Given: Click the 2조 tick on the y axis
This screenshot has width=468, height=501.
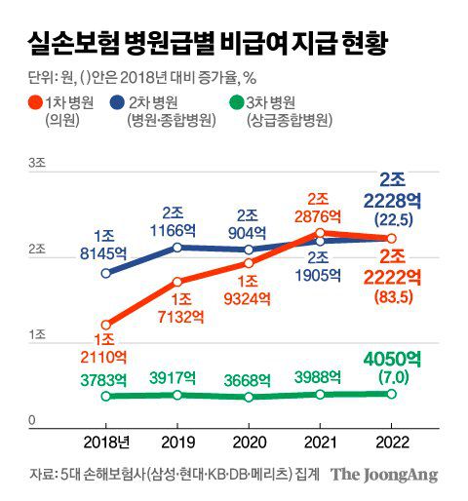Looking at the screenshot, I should pyautogui.click(x=37, y=250).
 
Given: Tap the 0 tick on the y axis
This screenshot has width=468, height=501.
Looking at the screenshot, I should pyautogui.click(x=32, y=420).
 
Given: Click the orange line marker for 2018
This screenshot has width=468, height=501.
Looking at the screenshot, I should pyautogui.click(x=106, y=325).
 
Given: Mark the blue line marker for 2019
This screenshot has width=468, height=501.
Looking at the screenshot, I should pyautogui.click(x=177, y=248).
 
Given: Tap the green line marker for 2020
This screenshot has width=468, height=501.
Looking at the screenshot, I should pyautogui.click(x=249, y=397).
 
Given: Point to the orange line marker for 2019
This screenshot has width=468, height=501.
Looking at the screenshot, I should pyautogui.click(x=177, y=282).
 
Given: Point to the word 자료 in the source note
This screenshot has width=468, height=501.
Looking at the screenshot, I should pyautogui.click(x=41, y=475).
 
